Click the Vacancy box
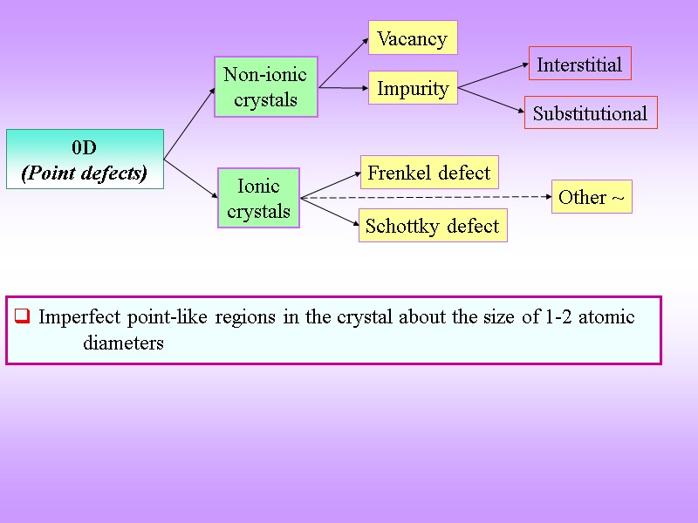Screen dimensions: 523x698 click(413, 38)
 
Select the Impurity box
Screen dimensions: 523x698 click(413, 88)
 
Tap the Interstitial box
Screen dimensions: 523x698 click(579, 65)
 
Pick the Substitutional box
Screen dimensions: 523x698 click(590, 113)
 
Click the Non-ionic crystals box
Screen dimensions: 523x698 click(265, 87)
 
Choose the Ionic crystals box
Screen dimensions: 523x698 click(258, 198)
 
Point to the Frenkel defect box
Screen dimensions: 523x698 click(428, 173)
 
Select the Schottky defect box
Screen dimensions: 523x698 click(432, 226)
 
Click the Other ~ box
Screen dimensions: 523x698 click(592, 197)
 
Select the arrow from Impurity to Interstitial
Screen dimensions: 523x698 click(493, 76)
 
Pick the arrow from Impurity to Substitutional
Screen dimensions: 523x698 click(490, 99)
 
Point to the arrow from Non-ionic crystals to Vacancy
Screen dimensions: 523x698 click(343, 62)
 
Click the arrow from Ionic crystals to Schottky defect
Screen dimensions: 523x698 click(330, 213)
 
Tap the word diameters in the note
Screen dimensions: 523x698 click(123, 343)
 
